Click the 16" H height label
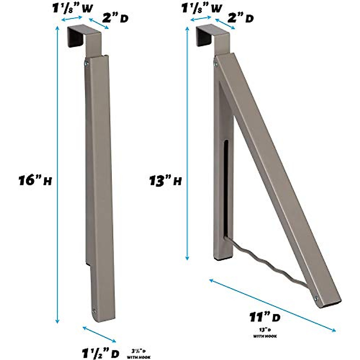tap(35, 181)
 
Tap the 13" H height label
tap(165, 181)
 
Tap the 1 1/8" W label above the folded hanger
tap(67, 9)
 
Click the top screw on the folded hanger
tap(86, 63)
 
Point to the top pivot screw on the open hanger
tap(216, 64)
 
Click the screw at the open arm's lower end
tap(316, 298)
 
